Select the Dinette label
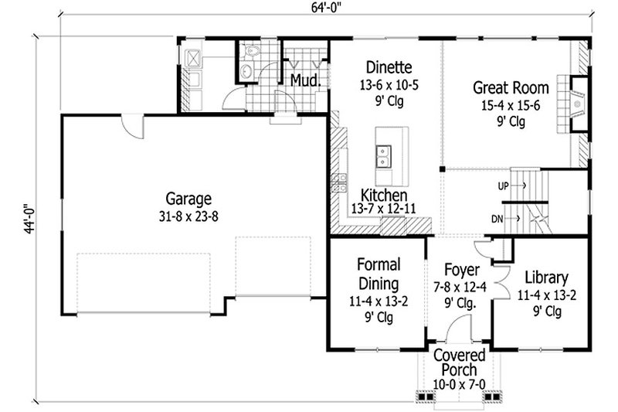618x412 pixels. click(x=384, y=67)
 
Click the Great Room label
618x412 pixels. click(x=511, y=87)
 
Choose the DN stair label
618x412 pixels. click(x=498, y=220)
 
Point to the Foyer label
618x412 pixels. click(x=462, y=271)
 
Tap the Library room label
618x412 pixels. click(x=546, y=278)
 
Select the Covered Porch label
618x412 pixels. click(x=459, y=363)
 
